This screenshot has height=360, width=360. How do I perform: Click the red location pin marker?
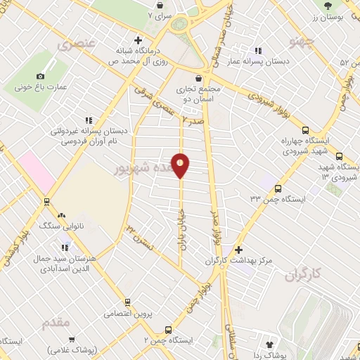(x=181, y=165)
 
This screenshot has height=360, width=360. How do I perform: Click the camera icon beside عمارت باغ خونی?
(x=40, y=76)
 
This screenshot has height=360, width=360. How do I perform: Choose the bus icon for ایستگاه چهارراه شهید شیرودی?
(x=304, y=130)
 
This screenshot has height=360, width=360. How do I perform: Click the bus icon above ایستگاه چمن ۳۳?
(x=278, y=188)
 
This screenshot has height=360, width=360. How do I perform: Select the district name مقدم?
(x=56, y=323)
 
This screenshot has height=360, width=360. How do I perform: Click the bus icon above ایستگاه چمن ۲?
(x=167, y=329)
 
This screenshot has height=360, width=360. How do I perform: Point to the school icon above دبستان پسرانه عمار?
(x=258, y=51)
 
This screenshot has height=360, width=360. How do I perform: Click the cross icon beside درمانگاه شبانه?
(x=138, y=40)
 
